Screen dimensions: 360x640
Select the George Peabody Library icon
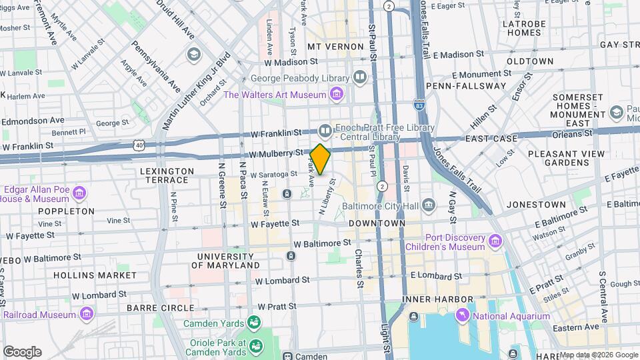360,77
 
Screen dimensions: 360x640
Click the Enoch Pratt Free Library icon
325,129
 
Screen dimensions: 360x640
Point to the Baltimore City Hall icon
428,204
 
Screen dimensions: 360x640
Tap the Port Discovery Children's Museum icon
495,240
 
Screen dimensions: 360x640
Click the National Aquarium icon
461,315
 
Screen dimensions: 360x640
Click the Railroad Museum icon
86,313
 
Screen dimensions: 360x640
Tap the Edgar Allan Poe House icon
79,194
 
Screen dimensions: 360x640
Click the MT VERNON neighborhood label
335,47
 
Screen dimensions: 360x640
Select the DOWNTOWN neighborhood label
377,223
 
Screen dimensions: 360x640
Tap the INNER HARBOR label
438,299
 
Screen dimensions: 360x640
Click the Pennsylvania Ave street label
155,67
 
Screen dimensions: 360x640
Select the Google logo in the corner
22,352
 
